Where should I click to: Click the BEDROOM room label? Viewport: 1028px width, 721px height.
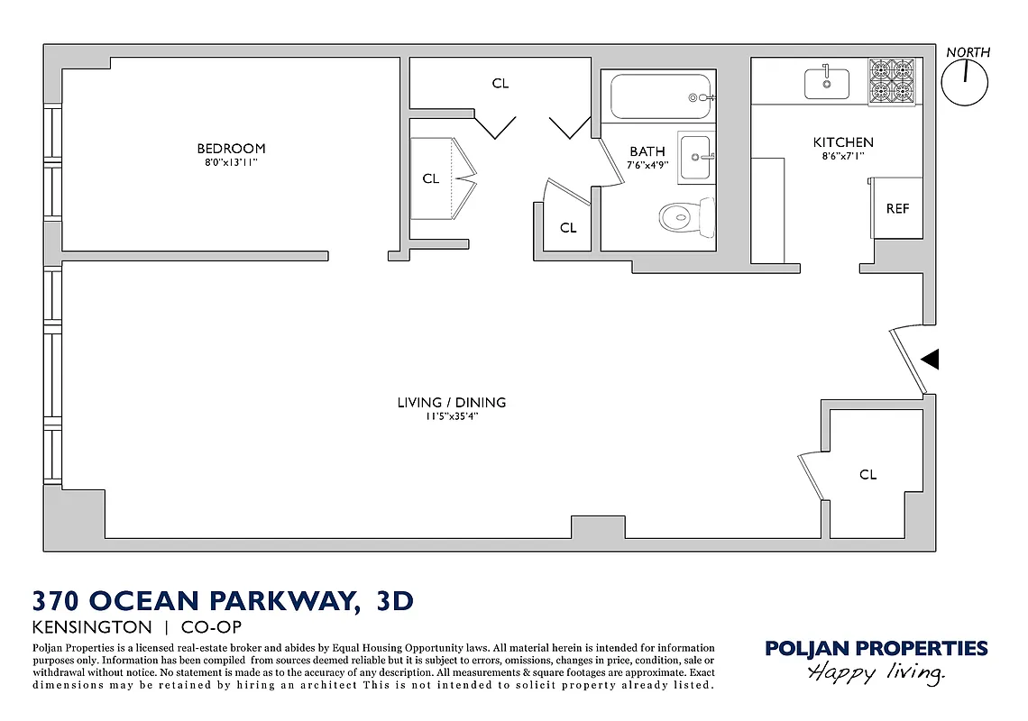pyautogui.click(x=231, y=149)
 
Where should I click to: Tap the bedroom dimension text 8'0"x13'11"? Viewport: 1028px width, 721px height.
pyautogui.click(x=231, y=163)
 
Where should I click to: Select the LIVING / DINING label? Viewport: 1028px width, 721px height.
pyautogui.click(x=451, y=403)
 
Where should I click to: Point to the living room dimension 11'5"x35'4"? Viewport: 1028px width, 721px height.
pyautogui.click(x=451, y=416)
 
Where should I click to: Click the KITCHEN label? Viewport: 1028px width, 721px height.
pyautogui.click(x=843, y=142)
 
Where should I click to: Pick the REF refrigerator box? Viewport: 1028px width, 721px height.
pyautogui.click(x=897, y=208)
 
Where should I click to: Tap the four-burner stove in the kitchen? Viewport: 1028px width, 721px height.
pyautogui.click(x=893, y=82)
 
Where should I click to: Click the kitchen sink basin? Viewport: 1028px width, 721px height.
pyautogui.click(x=827, y=83)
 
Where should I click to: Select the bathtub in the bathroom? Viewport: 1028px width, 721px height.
pyautogui.click(x=659, y=96)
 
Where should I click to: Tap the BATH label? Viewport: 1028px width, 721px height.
pyautogui.click(x=647, y=151)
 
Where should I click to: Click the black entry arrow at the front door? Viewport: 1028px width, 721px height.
pyautogui.click(x=931, y=360)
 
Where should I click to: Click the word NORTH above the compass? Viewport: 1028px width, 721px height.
pyautogui.click(x=968, y=52)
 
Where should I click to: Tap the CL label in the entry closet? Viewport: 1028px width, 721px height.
pyautogui.click(x=867, y=474)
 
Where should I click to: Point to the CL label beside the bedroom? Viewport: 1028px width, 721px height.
pyautogui.click(x=431, y=178)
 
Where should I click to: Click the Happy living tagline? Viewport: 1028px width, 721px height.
pyautogui.click(x=876, y=671)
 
